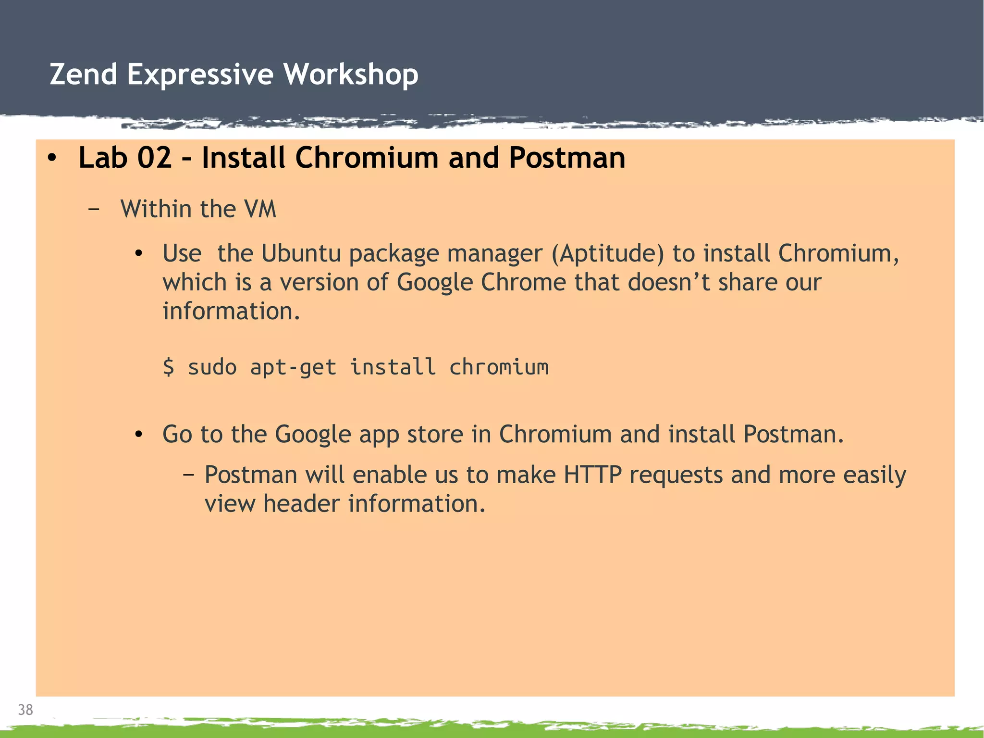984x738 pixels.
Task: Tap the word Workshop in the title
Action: pyautogui.click(x=351, y=75)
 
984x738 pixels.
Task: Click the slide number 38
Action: pyautogui.click(x=25, y=710)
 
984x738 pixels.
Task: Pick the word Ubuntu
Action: pyautogui.click(x=301, y=253)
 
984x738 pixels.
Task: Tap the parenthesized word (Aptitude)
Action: pyautogui.click(x=608, y=253)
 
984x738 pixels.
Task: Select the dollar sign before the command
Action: pyautogui.click(x=169, y=367)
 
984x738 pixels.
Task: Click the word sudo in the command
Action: pyautogui.click(x=212, y=367)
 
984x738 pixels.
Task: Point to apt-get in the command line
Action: pyautogui.click(x=293, y=367)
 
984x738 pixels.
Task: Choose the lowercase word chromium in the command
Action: pyautogui.click(x=498, y=367)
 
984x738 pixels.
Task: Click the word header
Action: pyautogui.click(x=301, y=504)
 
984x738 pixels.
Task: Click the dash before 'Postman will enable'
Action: pyautogui.click(x=189, y=475)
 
